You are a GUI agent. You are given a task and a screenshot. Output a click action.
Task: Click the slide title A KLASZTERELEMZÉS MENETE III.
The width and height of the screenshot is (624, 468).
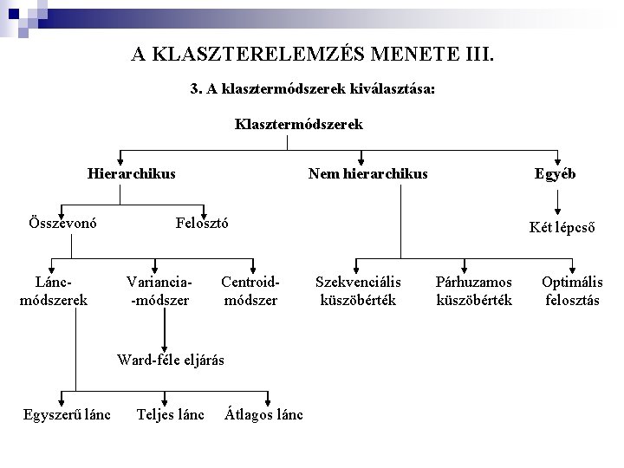[313, 55]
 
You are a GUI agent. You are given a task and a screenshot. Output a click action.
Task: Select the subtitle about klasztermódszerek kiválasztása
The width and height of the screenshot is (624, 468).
[312, 89]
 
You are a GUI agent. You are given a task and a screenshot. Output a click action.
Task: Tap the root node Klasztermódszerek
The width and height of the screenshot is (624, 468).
[298, 124]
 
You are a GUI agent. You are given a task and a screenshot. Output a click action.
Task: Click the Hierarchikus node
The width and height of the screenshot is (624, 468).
[131, 173]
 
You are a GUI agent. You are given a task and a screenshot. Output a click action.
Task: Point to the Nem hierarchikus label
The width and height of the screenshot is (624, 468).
[367, 173]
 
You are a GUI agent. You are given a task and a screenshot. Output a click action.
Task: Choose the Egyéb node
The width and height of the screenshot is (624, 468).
[555, 173]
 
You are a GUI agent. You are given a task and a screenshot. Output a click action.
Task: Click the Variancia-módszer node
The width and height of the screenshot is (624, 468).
[159, 291]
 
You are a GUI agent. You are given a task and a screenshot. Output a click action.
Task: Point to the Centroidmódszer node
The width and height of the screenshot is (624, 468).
[250, 291]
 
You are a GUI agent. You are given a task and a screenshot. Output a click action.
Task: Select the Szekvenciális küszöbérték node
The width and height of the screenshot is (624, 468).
[358, 291]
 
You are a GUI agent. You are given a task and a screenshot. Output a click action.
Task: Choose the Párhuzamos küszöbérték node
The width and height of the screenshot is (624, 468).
[474, 291]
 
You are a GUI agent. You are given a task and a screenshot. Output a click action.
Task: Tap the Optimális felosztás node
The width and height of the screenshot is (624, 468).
[572, 291]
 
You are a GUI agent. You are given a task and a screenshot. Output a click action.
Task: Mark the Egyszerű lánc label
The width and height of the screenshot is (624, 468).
[67, 414]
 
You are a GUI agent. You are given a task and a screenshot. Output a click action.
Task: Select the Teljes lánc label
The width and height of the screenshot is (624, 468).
[171, 414]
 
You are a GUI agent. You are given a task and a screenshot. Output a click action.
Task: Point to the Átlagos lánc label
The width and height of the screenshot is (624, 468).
[263, 414]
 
